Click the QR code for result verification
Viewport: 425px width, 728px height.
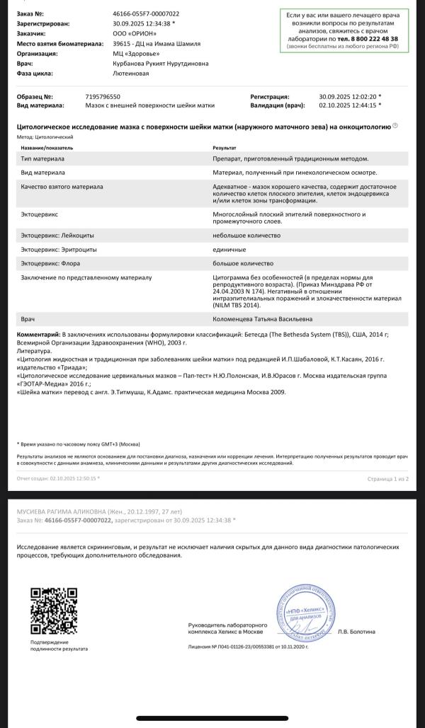(53, 610)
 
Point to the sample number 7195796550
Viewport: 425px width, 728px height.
(103, 96)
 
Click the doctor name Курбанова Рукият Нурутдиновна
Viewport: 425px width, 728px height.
(161, 63)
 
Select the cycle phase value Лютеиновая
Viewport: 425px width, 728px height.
(131, 73)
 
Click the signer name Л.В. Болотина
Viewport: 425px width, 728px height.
(357, 631)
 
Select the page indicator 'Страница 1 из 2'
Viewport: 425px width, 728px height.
(387, 479)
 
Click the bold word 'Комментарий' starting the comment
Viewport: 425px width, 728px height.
(38, 333)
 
